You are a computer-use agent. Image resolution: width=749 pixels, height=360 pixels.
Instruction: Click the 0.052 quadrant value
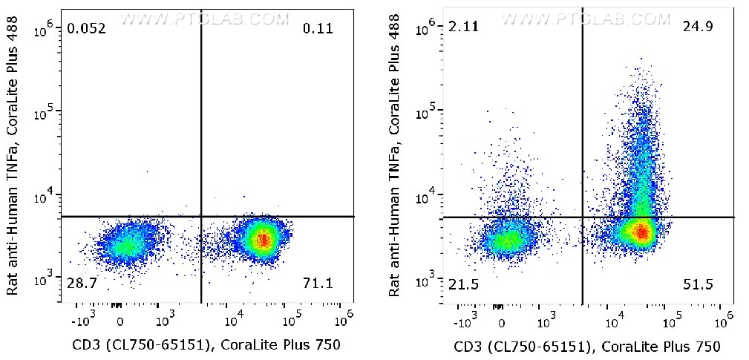tap(86, 29)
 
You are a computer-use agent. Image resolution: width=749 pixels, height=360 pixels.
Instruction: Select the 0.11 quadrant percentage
tap(318, 29)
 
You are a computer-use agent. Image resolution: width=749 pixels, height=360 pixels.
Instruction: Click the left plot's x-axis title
tap(206, 344)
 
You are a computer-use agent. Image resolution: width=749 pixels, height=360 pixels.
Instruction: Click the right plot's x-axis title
tap(586, 345)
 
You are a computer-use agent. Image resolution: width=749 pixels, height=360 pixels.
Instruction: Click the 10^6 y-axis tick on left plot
tap(45, 30)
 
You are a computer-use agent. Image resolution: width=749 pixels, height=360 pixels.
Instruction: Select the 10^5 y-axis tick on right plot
tap(427, 113)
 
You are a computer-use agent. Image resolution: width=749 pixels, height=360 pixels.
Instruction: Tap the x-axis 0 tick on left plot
tap(120, 322)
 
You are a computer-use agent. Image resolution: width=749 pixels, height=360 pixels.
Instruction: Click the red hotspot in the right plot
tap(641, 233)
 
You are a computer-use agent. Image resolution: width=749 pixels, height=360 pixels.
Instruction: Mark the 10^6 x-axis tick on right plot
tap(723, 316)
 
